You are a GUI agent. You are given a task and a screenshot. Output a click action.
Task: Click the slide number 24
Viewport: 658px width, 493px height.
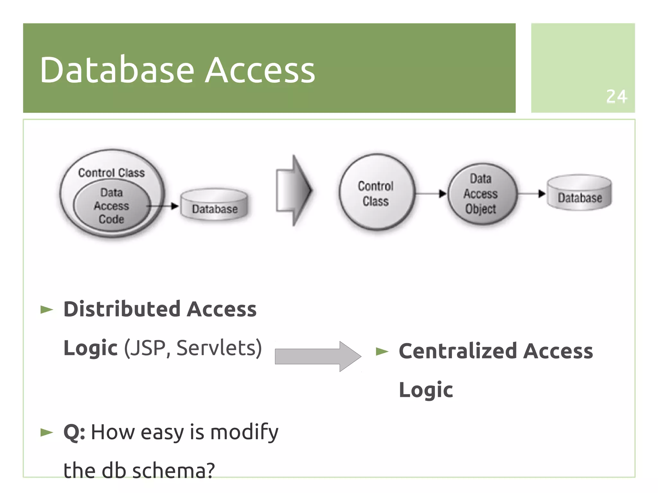616,96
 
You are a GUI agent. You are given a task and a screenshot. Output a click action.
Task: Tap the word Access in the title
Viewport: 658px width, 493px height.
260,70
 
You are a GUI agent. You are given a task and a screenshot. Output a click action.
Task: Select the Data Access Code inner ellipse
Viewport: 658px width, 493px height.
111,206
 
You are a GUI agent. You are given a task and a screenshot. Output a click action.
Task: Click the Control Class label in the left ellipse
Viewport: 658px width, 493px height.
111,173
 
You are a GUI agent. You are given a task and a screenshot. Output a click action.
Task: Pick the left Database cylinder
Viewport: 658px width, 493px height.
214,205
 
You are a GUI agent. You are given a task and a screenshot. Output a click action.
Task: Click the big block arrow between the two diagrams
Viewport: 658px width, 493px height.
293,190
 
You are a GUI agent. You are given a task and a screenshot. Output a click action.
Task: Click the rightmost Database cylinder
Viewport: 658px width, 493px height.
579,193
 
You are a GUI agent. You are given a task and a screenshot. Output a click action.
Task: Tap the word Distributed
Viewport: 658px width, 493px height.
122,309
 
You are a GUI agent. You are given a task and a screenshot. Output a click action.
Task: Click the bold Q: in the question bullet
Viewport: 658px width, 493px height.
74,432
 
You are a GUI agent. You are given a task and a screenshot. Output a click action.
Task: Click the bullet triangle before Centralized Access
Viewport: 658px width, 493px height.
382,352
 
